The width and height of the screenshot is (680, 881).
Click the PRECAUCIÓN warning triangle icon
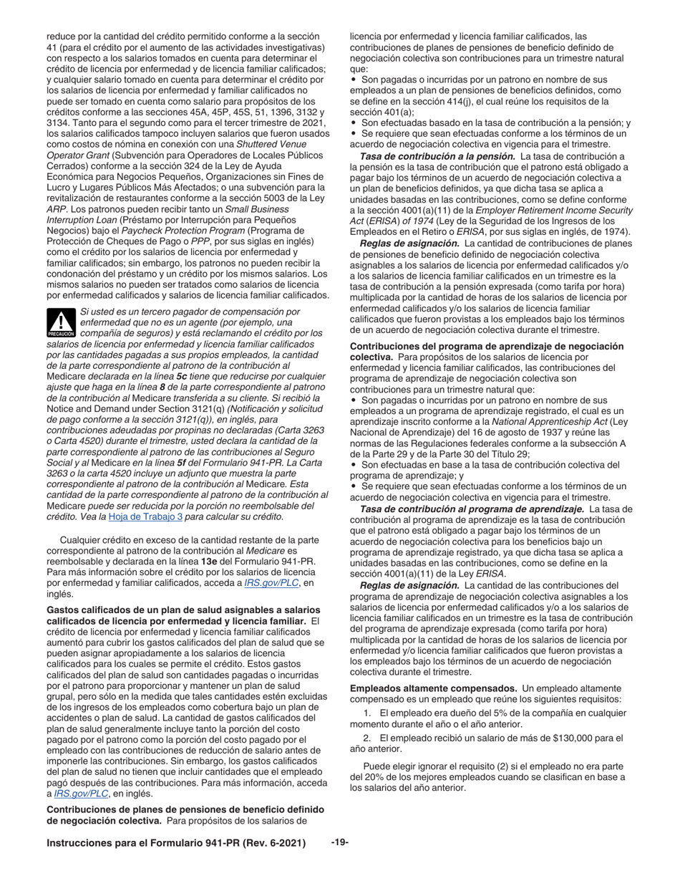(x=60, y=324)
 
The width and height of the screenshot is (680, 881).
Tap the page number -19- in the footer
(x=339, y=842)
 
